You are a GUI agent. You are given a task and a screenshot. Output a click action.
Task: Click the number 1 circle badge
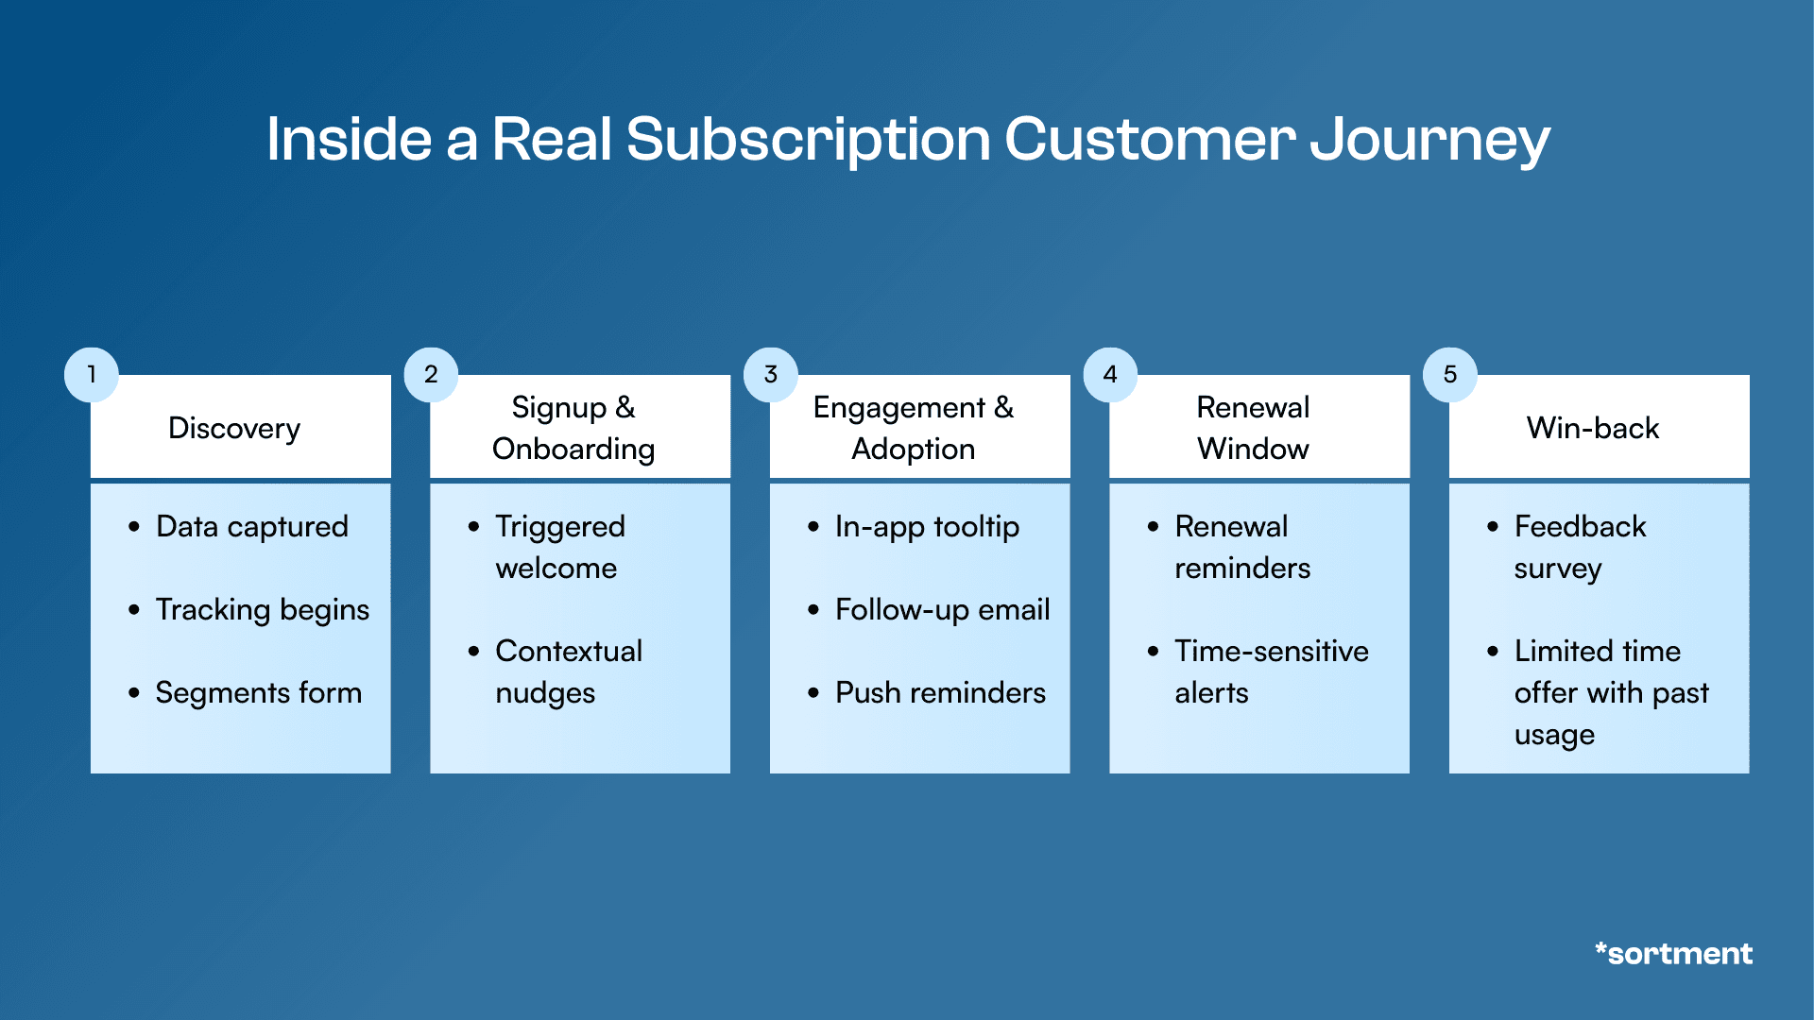(91, 375)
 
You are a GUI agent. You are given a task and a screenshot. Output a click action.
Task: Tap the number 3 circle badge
(770, 375)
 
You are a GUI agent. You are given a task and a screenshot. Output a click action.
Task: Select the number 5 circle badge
(1449, 375)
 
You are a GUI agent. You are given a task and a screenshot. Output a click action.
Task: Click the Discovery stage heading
(234, 428)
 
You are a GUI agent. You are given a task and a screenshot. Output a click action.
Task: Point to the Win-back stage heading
(1593, 428)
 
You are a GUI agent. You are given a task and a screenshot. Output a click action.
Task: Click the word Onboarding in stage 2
(573, 449)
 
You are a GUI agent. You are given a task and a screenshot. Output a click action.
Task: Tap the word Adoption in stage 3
(913, 449)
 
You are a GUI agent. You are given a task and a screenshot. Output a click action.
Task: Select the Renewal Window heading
(1253, 428)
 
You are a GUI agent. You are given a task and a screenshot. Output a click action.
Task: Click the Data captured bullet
(251, 526)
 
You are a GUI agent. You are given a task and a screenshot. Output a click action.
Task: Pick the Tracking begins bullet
(262, 609)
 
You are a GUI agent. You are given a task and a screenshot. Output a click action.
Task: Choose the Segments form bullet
(258, 692)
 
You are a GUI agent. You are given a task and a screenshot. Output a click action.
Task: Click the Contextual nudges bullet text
(568, 671)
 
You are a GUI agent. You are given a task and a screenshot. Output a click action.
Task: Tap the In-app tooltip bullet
(927, 526)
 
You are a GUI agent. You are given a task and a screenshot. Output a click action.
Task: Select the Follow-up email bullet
(942, 609)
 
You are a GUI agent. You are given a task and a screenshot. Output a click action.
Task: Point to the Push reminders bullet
(940, 692)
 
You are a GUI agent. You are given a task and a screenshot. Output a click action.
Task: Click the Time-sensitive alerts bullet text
(1271, 671)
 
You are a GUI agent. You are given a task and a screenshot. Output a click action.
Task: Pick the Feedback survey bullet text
(1580, 547)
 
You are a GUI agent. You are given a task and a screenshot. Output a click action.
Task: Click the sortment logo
(1673, 953)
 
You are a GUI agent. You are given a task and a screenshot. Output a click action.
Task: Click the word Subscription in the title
(808, 140)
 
